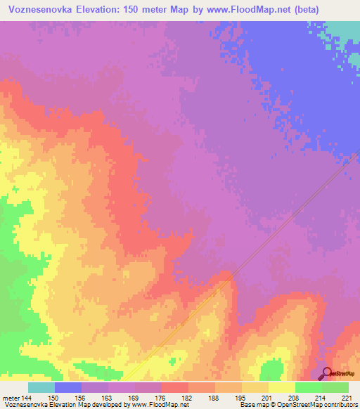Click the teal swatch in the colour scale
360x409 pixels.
point(41,388)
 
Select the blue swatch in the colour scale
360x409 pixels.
point(68,388)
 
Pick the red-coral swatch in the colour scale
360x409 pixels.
point(175,388)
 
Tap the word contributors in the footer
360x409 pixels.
point(341,405)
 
